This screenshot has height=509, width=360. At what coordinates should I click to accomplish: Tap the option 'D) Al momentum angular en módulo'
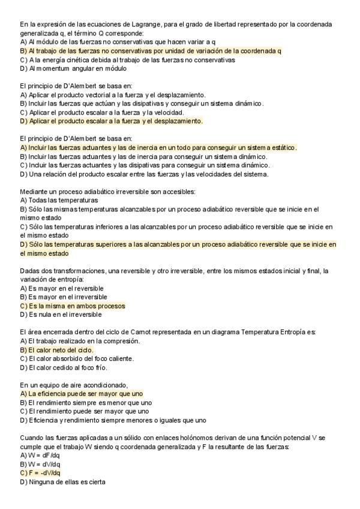pos(73,68)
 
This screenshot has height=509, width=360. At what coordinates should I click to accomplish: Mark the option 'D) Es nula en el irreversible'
pos(61,315)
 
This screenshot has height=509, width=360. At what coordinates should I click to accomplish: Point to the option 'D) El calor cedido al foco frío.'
pos(68,367)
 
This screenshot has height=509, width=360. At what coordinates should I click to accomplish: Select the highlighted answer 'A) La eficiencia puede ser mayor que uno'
pos(81,394)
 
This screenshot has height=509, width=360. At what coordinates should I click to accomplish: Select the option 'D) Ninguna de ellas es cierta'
pos(62,481)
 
